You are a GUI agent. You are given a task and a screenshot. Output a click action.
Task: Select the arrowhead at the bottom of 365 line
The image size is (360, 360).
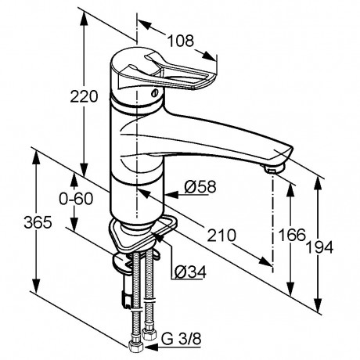(x=35, y=286)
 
